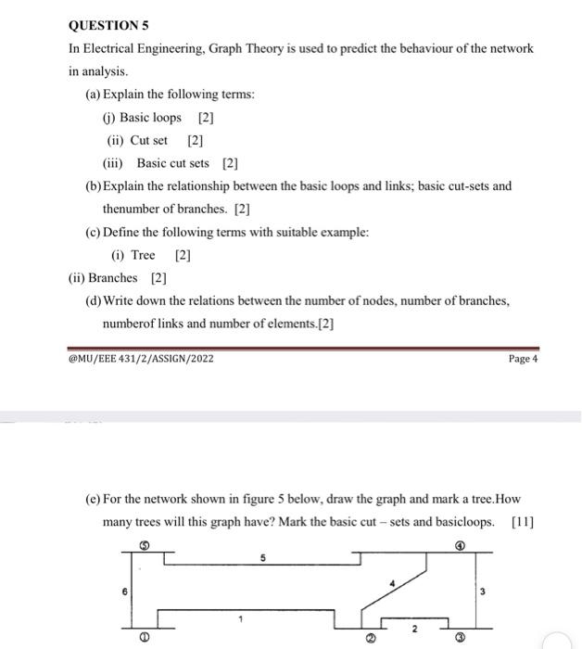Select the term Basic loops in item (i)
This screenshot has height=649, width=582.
tap(150, 118)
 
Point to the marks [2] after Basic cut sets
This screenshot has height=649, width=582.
tap(231, 163)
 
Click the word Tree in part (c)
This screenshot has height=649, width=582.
tap(144, 255)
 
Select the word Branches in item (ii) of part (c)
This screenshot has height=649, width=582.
tap(112, 278)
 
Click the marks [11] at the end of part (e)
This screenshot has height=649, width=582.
tap(523, 522)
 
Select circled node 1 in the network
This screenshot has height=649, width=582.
tap(144, 638)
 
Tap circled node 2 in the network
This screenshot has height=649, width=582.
tap(369, 639)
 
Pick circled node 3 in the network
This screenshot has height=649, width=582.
tap(460, 639)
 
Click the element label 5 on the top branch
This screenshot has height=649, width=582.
tap(262, 558)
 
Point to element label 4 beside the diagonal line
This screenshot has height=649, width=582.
tap(393, 583)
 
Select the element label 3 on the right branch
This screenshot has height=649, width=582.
tap(482, 591)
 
